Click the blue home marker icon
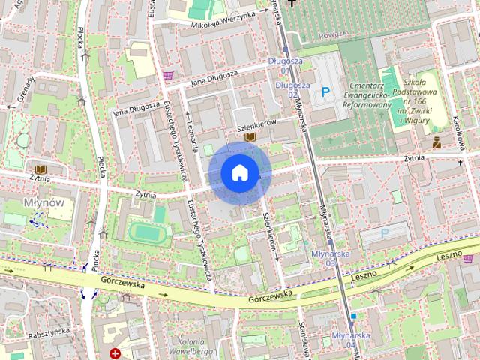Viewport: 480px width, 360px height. (x=239, y=173)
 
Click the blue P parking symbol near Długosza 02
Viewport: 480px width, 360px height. (x=325, y=92)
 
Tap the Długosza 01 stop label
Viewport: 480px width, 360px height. (x=280, y=65)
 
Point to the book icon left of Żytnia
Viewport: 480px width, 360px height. (x=37, y=168)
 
